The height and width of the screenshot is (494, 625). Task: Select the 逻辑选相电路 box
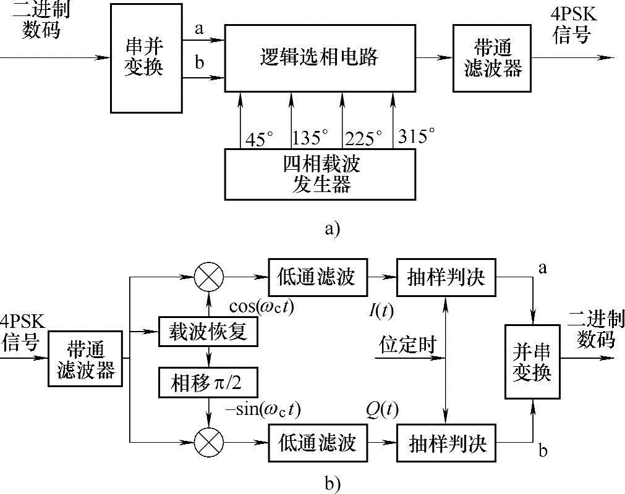[x=319, y=58]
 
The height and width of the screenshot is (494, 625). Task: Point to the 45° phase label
[x=258, y=138]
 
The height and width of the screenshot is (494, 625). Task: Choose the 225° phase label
[x=364, y=138]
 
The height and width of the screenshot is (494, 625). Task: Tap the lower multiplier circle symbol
[x=209, y=442]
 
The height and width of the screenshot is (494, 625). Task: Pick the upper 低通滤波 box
[x=317, y=278]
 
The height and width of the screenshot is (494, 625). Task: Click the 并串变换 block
[x=532, y=361]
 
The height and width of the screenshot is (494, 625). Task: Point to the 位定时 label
[x=409, y=343]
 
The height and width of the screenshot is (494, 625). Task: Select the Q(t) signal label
[x=381, y=409]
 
